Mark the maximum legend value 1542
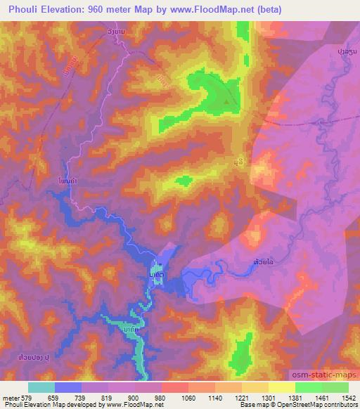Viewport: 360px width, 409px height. coord(348,397)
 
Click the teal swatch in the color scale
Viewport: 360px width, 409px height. coord(41,387)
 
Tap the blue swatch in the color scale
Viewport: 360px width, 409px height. coord(68,387)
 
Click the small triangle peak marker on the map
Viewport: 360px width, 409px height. coord(226,103)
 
